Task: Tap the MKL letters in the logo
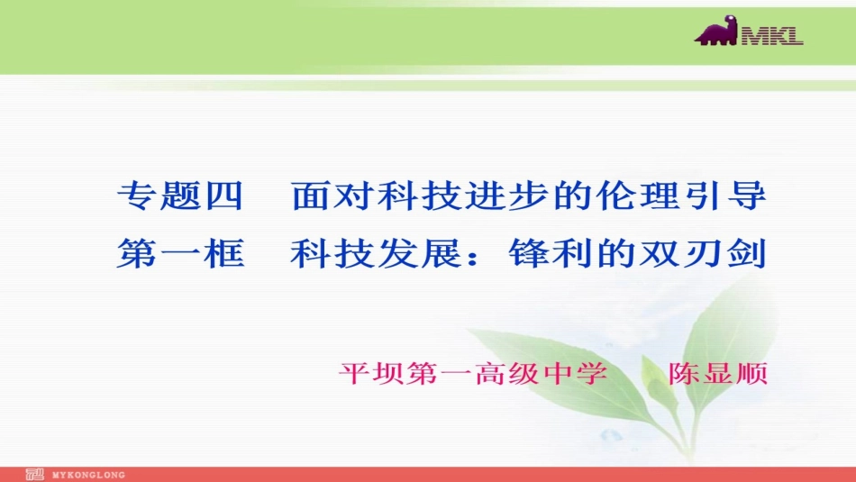pyautogui.click(x=772, y=37)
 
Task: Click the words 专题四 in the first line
pyautogui.click(x=180, y=197)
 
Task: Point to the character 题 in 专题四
pyautogui.click(x=180, y=197)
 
